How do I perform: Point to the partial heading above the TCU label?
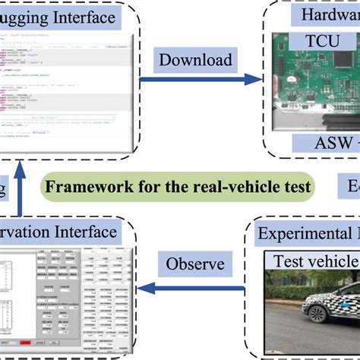(327, 15)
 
